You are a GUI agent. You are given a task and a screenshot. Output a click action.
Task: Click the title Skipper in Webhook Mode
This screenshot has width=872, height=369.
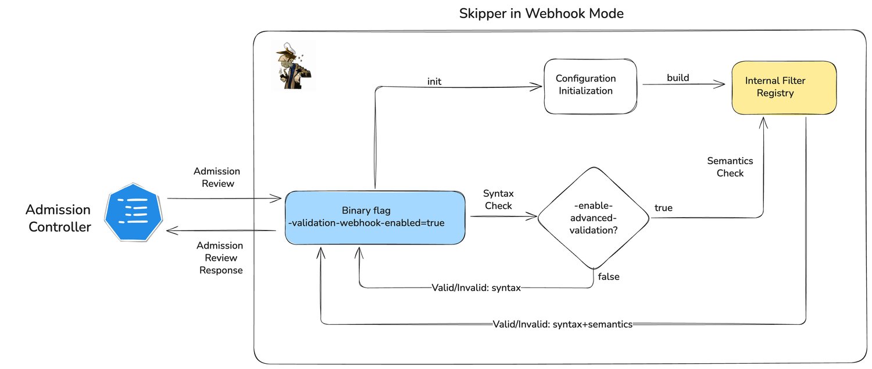(x=541, y=13)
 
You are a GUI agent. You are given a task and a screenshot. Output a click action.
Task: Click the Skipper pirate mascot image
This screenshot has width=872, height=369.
(x=294, y=66)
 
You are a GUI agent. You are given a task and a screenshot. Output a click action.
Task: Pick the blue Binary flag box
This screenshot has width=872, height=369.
(x=374, y=217)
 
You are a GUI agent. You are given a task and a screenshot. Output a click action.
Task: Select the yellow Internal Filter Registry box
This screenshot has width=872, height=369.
(x=783, y=87)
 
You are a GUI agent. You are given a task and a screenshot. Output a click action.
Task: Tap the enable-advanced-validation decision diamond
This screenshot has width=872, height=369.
(x=594, y=218)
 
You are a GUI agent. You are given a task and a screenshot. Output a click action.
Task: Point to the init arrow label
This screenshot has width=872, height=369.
(x=434, y=81)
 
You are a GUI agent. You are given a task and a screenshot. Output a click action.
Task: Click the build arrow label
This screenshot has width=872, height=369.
(x=678, y=78)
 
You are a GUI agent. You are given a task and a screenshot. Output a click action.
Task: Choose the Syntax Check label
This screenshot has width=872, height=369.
(x=498, y=199)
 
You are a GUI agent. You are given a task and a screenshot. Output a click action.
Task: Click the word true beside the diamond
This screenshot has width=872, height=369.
(x=663, y=208)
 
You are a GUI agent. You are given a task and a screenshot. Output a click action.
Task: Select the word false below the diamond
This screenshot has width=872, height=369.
(x=609, y=277)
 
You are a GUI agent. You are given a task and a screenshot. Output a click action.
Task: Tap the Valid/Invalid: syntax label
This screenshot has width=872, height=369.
(x=476, y=288)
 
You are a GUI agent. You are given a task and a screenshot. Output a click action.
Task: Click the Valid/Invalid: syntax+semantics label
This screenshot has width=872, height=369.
(x=562, y=324)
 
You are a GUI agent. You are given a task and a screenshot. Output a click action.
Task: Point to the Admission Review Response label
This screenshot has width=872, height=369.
(x=221, y=258)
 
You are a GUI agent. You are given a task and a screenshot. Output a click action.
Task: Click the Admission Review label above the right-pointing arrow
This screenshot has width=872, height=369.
(x=216, y=177)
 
